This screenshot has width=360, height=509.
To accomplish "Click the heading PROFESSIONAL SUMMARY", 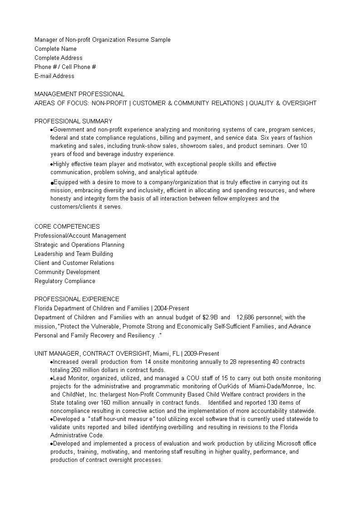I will pos(73,121).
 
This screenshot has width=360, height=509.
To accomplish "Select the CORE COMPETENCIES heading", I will pos(67,226).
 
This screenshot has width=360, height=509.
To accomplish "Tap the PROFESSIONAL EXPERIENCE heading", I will pos(77,299).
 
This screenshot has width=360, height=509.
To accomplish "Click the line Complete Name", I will pos(55,49).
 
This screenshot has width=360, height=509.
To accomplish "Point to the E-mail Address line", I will pos(54,76).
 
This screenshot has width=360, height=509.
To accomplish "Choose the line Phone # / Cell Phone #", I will pos(65,67).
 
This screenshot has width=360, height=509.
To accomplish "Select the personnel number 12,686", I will pos(247,317).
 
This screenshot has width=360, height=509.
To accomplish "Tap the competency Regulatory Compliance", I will pos(64,281).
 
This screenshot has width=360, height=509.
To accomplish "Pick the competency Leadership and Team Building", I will pos(74,254).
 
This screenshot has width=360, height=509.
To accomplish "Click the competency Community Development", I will pos(67,272).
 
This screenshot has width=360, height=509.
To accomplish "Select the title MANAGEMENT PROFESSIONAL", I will pos(79,94).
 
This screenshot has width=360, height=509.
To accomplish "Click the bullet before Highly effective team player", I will pos(52,164).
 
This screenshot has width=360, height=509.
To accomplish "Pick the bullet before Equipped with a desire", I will pos(52,182).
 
